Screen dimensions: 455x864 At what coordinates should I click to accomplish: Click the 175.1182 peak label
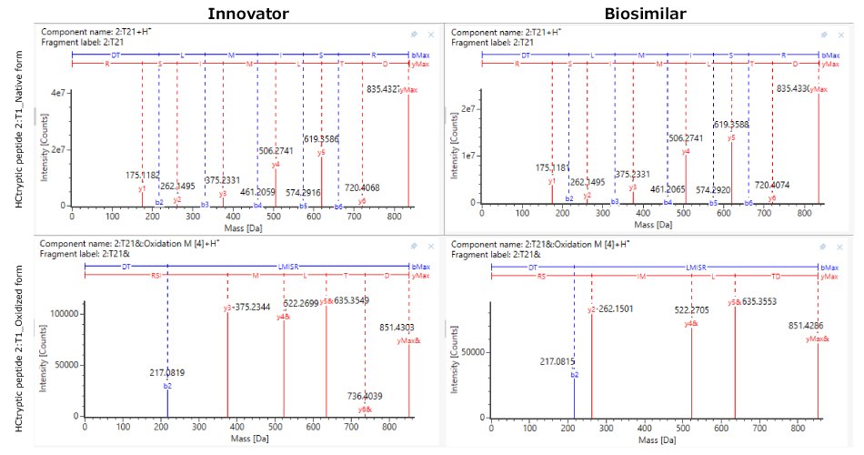click(x=143, y=175)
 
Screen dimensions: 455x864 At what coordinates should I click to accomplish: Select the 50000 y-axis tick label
click(x=467, y=351)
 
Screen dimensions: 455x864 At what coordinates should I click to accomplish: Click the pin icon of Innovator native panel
click(x=414, y=35)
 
